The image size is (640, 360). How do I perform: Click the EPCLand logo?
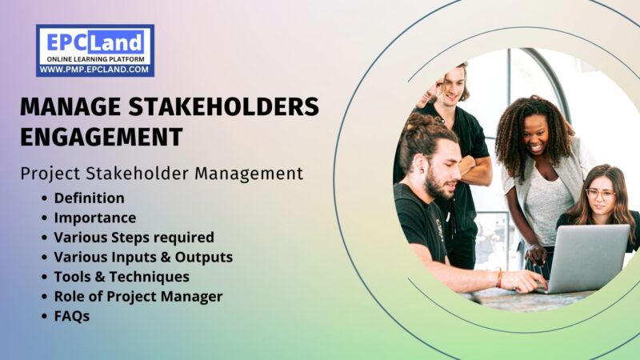coord(94,50)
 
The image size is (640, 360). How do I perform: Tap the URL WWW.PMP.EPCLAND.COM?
coord(94,70)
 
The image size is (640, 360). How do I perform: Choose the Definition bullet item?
coord(89,197)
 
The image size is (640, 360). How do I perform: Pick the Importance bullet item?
coord(94,217)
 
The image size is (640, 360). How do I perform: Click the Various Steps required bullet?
coord(134,237)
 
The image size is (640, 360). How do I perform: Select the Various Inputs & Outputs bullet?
coord(143,257)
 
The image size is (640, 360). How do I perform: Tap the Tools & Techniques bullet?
coord(122,277)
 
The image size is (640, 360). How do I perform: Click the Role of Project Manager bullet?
coord(138,296)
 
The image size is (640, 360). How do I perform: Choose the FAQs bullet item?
coord(72,316)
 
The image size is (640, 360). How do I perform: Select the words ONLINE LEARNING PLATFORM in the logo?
coord(94,60)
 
